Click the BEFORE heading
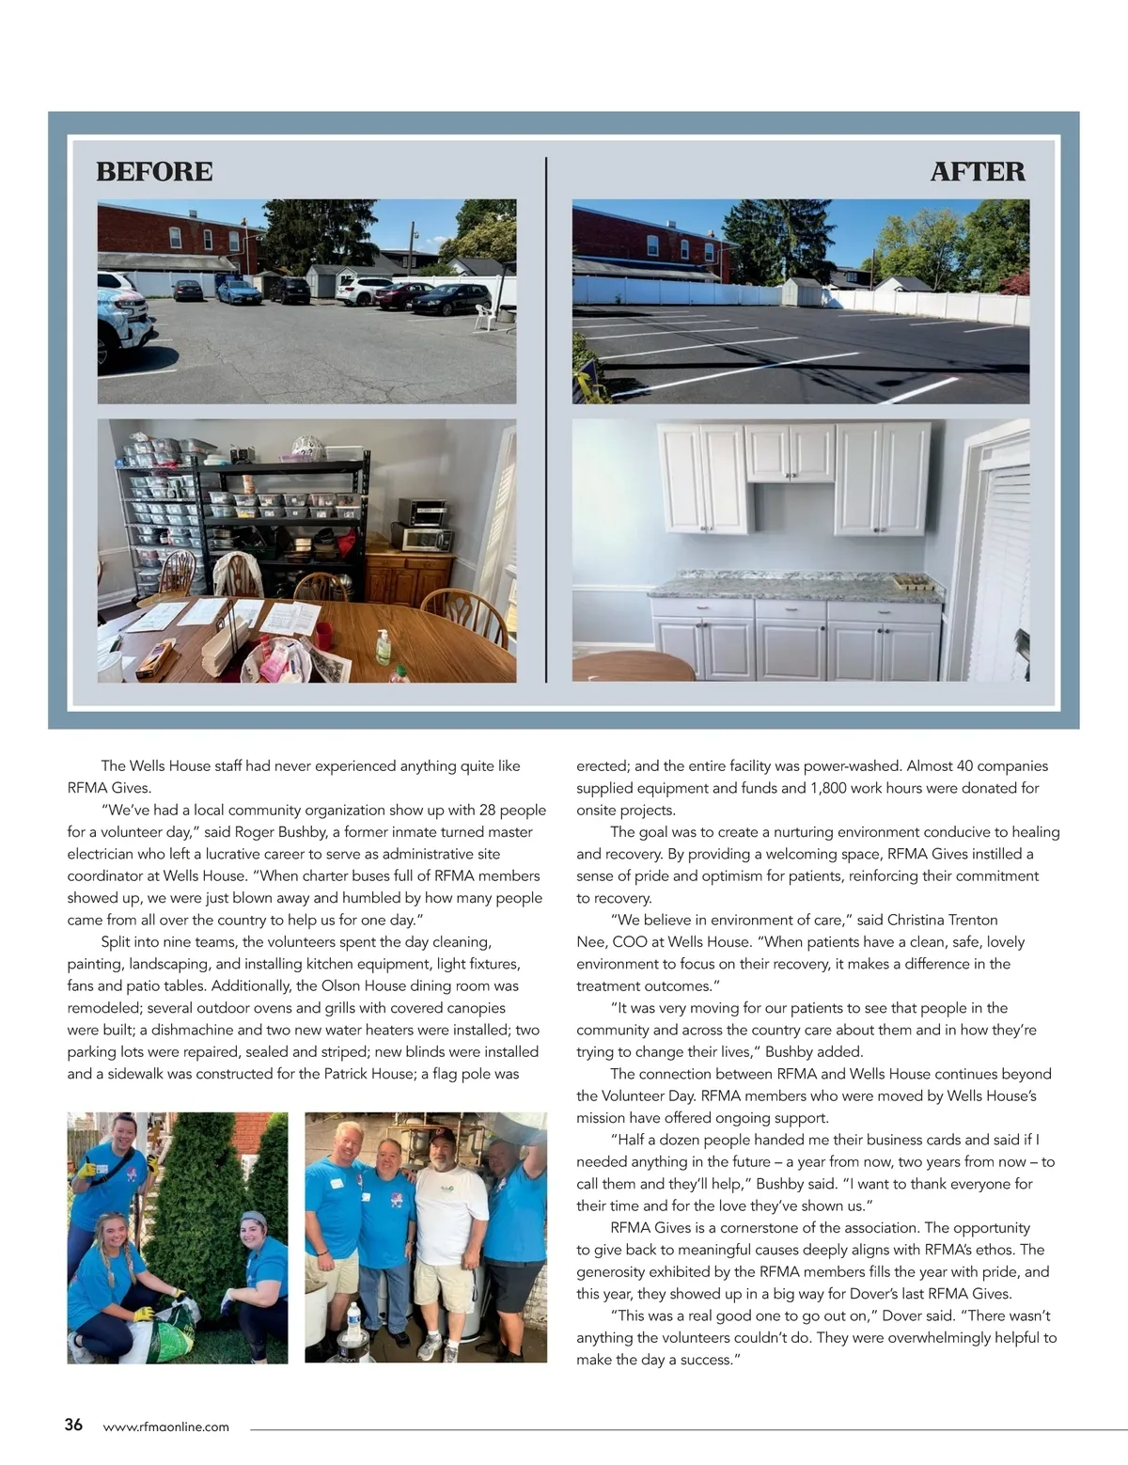[x=154, y=172]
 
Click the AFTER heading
[x=978, y=172]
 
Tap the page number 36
[x=73, y=1425]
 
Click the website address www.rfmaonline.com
[x=165, y=1426]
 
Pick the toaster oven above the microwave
[x=420, y=511]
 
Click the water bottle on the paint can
[x=354, y=1322]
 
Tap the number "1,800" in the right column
[x=830, y=788]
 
